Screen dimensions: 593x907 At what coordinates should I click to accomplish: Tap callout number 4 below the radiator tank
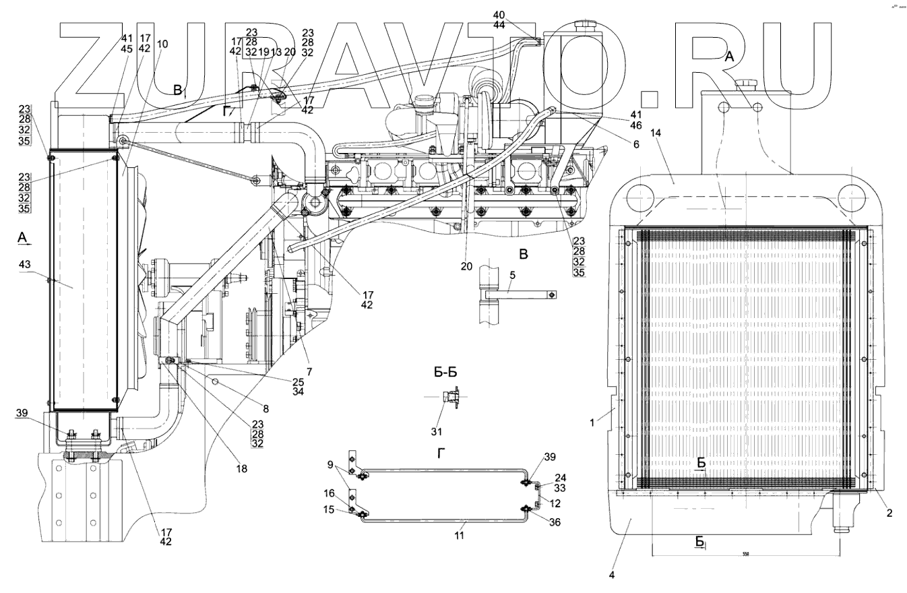point(612,575)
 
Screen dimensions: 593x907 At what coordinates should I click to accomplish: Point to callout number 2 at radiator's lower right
point(889,513)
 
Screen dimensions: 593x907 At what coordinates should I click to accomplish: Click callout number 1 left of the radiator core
point(592,423)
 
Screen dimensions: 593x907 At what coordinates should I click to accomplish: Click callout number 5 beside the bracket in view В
point(512,276)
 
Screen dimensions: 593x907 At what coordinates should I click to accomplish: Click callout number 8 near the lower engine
point(265,409)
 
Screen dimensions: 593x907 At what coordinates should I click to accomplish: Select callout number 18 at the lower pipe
point(241,468)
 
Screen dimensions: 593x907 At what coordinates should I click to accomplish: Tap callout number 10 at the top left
point(162,44)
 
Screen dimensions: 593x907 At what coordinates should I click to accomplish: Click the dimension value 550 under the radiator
point(746,554)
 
